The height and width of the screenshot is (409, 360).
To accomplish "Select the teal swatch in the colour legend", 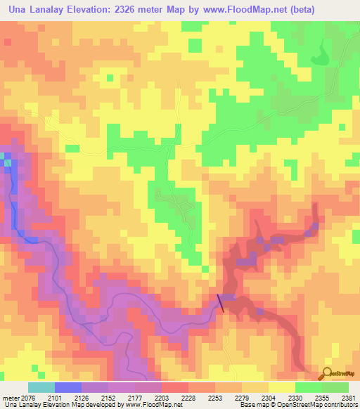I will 41,387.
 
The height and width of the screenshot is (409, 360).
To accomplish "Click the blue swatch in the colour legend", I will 67,387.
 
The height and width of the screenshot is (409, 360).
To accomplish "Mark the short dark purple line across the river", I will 221,302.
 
